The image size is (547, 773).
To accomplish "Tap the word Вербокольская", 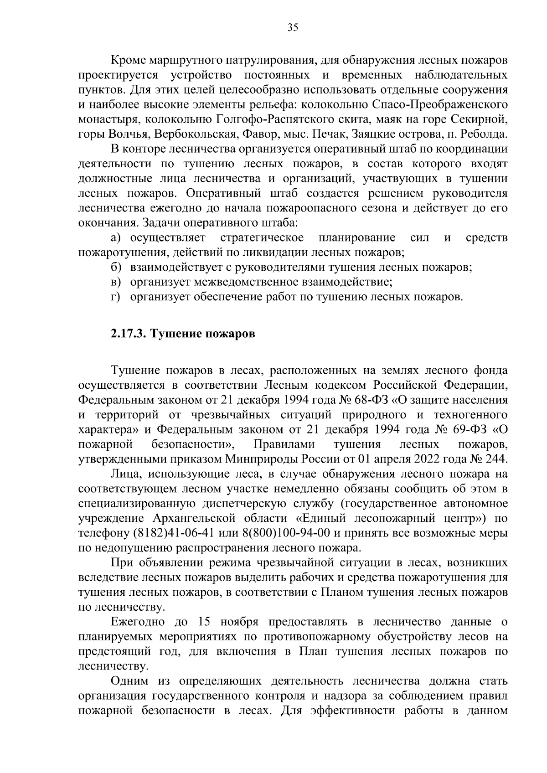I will pos(196,134).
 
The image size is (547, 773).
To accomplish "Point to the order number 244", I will pos(496,459).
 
